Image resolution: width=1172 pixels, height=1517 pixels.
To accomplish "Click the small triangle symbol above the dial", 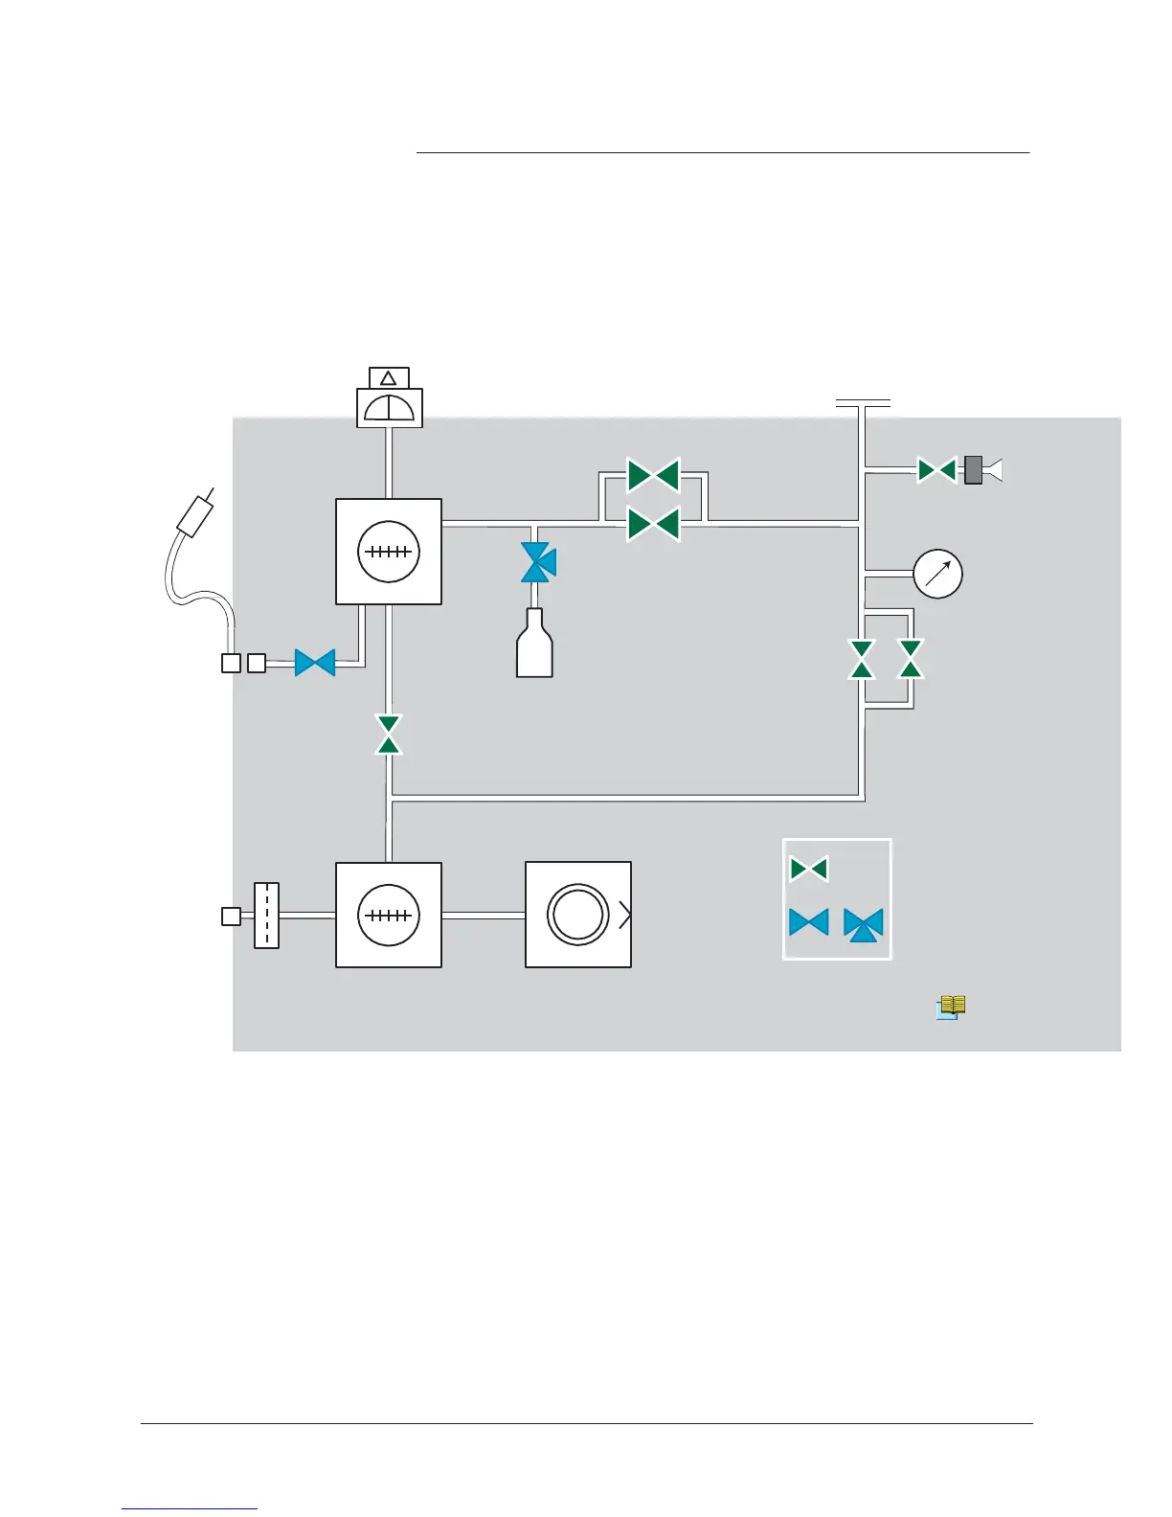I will coord(389,378).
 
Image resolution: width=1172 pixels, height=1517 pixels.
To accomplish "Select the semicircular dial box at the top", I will coord(390,408).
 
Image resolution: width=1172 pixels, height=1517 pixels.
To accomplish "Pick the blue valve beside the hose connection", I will coord(315,663).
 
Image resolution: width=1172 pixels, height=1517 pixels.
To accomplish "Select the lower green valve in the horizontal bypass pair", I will coord(654,524).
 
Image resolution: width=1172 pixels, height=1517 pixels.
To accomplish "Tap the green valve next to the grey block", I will coord(936,470).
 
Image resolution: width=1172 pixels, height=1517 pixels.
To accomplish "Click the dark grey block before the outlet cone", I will coord(973,470).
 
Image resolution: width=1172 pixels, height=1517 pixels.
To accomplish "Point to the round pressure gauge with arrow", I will coord(937,574).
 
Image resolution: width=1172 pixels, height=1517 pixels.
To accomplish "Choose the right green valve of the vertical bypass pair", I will coord(912,659).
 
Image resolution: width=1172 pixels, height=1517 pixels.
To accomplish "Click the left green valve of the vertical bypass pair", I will coord(862,659).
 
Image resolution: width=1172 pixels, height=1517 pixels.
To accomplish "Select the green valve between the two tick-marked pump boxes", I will coord(389,735).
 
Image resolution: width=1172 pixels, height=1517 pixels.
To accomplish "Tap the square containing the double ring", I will coord(578,915).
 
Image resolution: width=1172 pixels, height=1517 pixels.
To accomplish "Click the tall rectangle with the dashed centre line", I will coord(266,916).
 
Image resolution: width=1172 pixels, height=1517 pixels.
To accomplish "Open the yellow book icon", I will coord(950,1007).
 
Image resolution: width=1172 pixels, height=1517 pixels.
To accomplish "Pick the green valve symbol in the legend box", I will coord(808,870).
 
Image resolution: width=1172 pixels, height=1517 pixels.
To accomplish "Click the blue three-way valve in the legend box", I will coord(864,924).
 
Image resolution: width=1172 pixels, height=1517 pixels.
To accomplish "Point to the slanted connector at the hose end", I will coord(195,515).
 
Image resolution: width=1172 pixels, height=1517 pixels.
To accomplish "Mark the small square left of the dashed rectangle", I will coord(231,917).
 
